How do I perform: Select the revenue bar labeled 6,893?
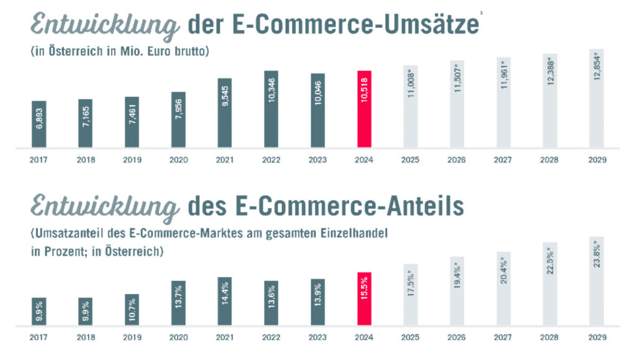coord(39,125)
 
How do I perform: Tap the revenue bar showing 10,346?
coord(271,110)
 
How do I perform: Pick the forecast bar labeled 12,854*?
coord(597,99)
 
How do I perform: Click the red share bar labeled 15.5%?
coord(365,299)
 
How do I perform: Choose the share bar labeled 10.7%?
coord(132,309)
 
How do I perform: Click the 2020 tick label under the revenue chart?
coord(178,160)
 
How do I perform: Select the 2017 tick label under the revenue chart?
coord(39,160)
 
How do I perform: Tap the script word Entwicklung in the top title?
coord(102,26)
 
